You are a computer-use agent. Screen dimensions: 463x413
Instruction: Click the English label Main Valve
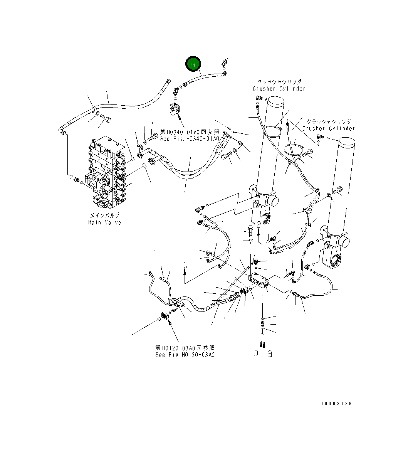[104, 222]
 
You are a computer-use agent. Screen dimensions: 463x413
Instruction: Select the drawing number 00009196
[336, 404]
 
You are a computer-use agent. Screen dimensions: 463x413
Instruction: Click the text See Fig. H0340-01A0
[190, 139]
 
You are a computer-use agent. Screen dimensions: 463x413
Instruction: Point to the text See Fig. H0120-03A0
[185, 355]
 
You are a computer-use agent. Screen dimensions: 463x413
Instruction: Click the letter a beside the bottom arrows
[270, 352]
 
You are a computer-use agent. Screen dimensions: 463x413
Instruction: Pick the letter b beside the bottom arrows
[256, 352]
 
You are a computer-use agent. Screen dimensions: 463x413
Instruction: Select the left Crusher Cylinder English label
[279, 89]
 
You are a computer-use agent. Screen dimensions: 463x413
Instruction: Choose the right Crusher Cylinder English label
[328, 128]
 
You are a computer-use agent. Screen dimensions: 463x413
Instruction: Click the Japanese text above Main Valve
[104, 216]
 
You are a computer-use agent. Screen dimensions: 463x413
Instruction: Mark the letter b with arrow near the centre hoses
[185, 264]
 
